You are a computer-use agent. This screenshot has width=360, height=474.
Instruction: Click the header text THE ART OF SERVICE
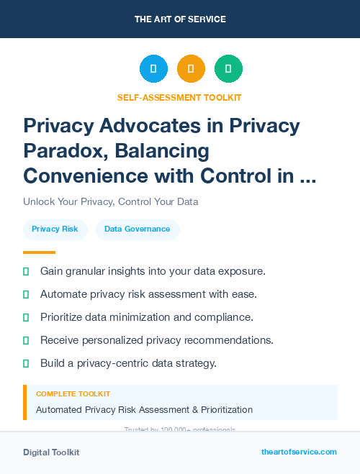coord(180,19)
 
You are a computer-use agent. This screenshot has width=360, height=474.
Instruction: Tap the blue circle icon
coord(153,69)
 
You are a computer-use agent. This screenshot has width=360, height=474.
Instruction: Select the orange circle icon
coord(191,69)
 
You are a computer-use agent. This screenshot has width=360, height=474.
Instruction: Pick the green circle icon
coord(228,69)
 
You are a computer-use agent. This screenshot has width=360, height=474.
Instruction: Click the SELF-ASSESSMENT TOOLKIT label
coord(179,97)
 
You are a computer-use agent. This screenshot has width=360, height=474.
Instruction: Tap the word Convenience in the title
coord(86,175)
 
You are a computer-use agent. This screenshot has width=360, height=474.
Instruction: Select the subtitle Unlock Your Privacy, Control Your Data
coord(110,201)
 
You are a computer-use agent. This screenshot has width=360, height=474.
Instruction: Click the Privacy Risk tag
coord(55,229)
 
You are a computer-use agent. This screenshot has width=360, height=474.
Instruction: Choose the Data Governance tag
coord(137,229)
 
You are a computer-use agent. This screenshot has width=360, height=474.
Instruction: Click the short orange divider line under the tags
coord(39,252)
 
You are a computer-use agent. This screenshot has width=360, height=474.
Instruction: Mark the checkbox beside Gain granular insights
coord(26,271)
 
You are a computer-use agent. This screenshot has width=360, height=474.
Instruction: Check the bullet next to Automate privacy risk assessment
coord(26,294)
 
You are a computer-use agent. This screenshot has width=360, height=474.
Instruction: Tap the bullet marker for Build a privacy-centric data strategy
coord(26,363)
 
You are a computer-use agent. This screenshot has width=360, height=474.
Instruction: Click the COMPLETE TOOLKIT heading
coord(73,394)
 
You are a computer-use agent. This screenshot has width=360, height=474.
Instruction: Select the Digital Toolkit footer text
coord(51,452)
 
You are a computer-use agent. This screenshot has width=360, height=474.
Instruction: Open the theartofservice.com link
coord(299,452)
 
